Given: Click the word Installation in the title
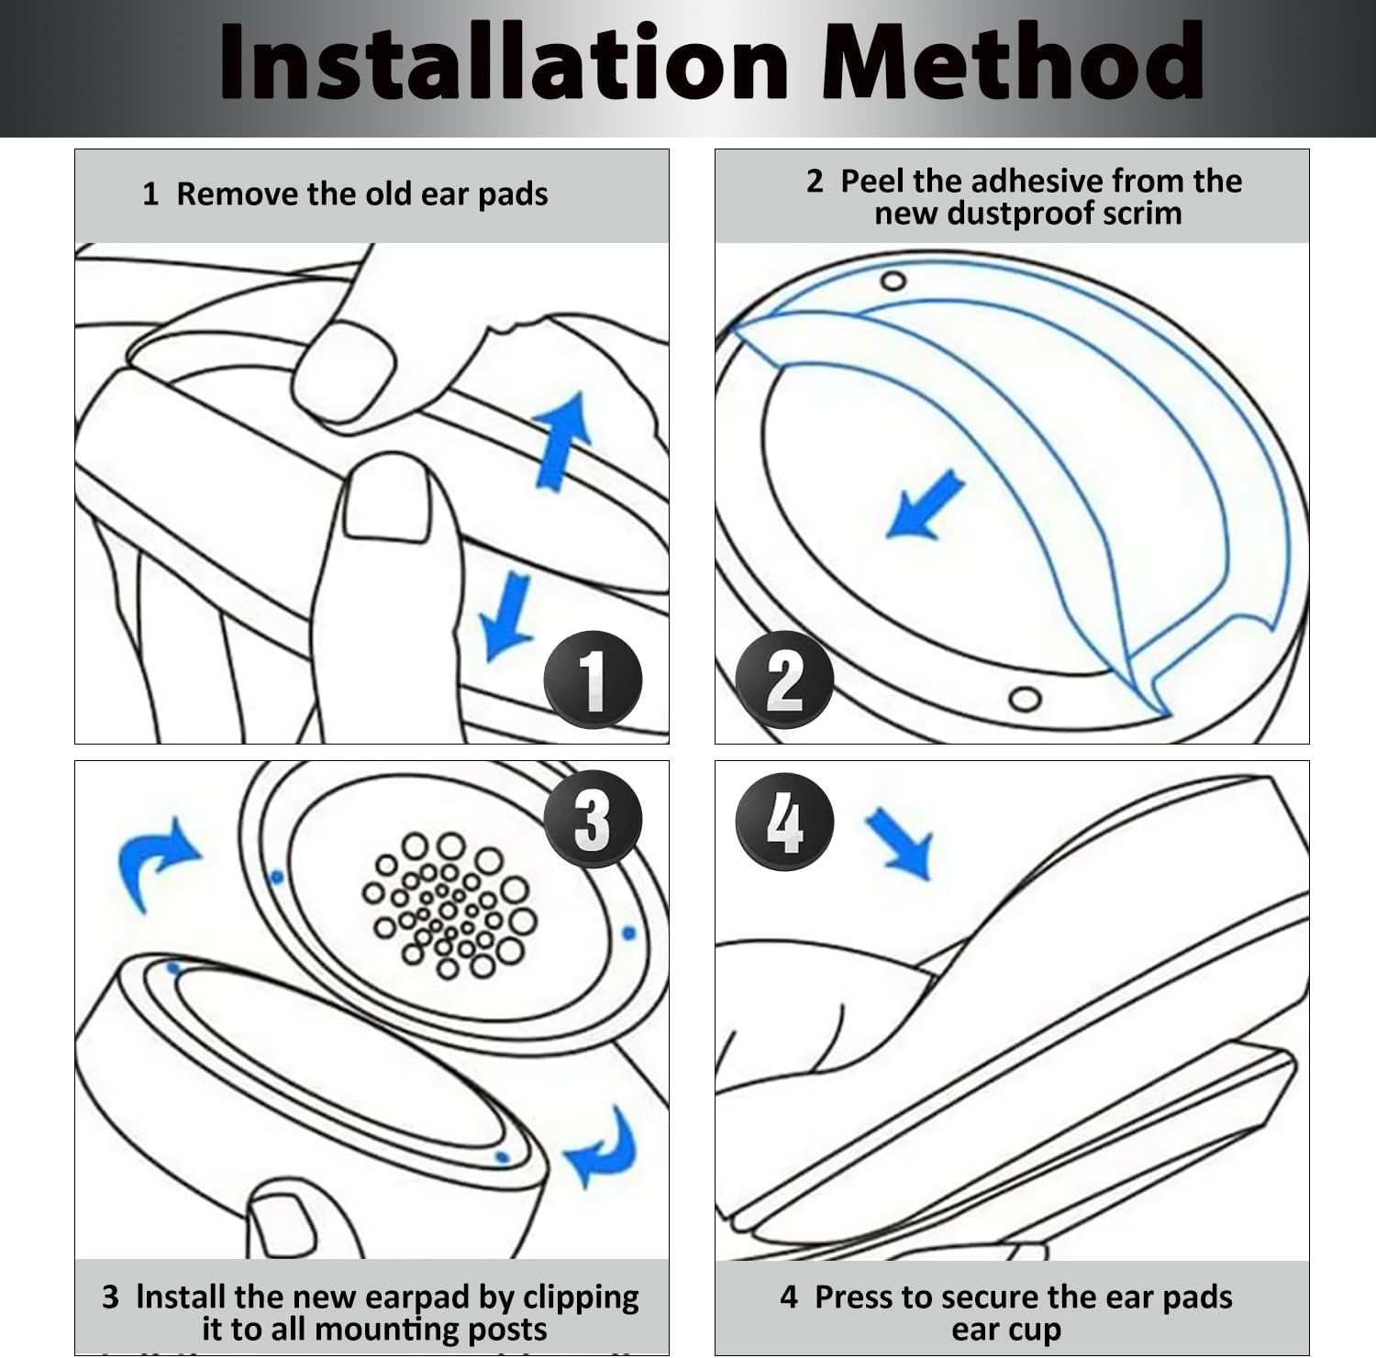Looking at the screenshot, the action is pyautogui.click(x=504, y=61).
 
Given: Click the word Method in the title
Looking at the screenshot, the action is pyautogui.click(x=1012, y=61).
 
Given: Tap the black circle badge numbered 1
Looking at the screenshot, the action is pyautogui.click(x=594, y=679).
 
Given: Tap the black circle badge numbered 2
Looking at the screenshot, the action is pyautogui.click(x=785, y=679).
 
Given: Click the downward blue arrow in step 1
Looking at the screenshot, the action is pyautogui.click(x=506, y=616).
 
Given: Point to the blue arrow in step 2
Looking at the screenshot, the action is pyautogui.click(x=925, y=505).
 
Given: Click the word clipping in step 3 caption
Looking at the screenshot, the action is pyautogui.click(x=581, y=1298).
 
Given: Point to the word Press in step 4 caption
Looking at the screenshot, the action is pyautogui.click(x=855, y=1297).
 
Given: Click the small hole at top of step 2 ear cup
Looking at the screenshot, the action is pyautogui.click(x=893, y=281).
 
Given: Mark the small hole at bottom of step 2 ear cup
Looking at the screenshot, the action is pyautogui.click(x=1026, y=700).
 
